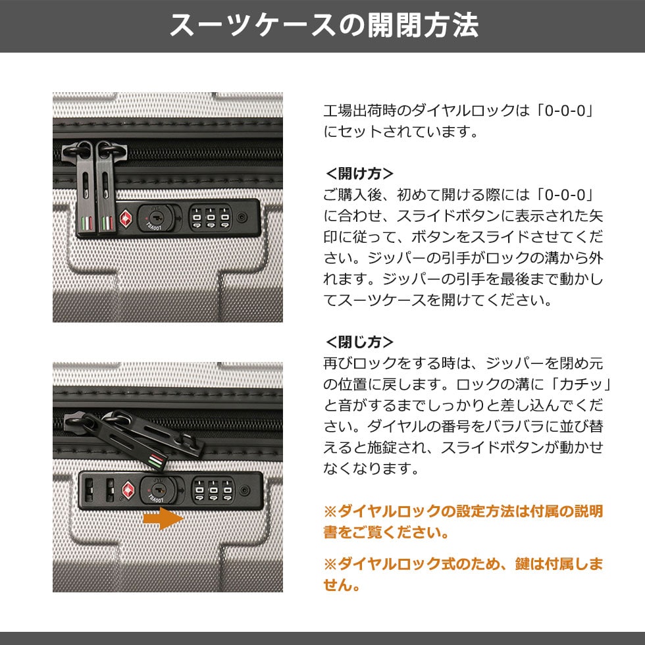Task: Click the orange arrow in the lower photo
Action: point(163,519)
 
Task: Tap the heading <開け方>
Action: point(359,174)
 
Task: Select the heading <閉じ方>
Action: point(359,342)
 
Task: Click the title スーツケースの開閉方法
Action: point(324,26)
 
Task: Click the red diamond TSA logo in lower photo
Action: point(129,490)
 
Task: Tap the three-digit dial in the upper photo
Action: point(211,218)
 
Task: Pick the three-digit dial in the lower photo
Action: point(213,490)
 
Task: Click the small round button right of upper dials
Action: point(243,217)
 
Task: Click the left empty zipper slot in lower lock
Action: point(89,490)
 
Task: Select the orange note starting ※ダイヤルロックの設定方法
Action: point(463,521)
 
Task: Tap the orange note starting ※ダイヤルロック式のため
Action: point(463,574)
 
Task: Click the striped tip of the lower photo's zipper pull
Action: point(157,460)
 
